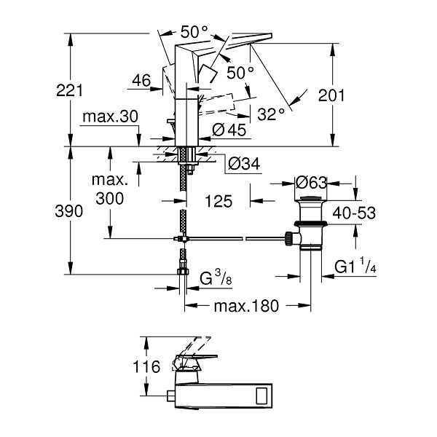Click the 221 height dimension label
[x=69, y=91]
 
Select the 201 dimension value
[x=331, y=95]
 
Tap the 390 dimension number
[x=69, y=211]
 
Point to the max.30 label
[x=111, y=117]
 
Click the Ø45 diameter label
[x=229, y=130]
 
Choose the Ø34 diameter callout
[x=244, y=164]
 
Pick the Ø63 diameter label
[x=311, y=183]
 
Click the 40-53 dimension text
[x=354, y=213]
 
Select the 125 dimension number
[x=219, y=201]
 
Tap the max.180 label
[x=246, y=306]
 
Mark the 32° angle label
[x=271, y=114]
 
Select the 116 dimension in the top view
[x=146, y=366]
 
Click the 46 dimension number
[x=141, y=81]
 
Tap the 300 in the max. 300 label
[x=110, y=198]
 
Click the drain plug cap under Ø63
[x=311, y=198]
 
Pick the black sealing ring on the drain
[x=311, y=224]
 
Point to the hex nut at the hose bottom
[x=183, y=272]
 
